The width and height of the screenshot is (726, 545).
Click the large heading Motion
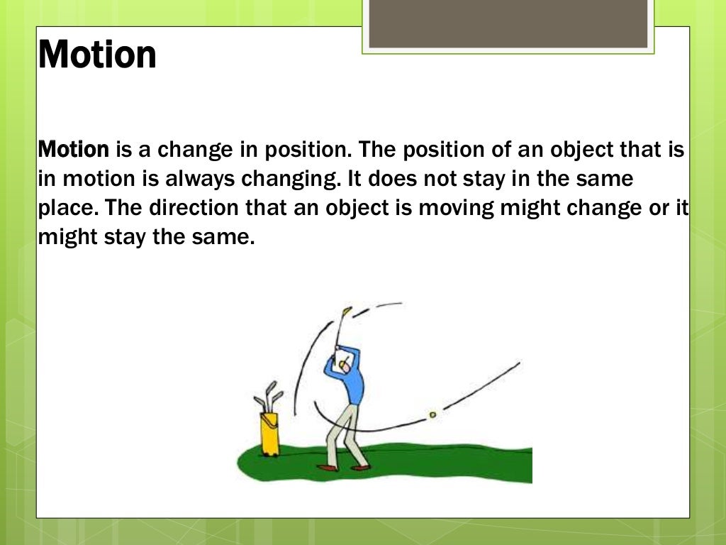coord(97,55)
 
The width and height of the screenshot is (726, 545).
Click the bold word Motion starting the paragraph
coord(73,150)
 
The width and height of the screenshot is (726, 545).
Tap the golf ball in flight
coord(432,414)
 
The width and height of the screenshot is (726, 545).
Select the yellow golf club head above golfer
coord(347,311)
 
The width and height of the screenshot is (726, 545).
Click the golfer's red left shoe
coord(327,468)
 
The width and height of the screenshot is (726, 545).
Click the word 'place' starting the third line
coord(60,208)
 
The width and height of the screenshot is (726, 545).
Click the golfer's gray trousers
coord(342,429)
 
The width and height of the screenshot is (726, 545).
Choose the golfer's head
coord(344,363)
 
